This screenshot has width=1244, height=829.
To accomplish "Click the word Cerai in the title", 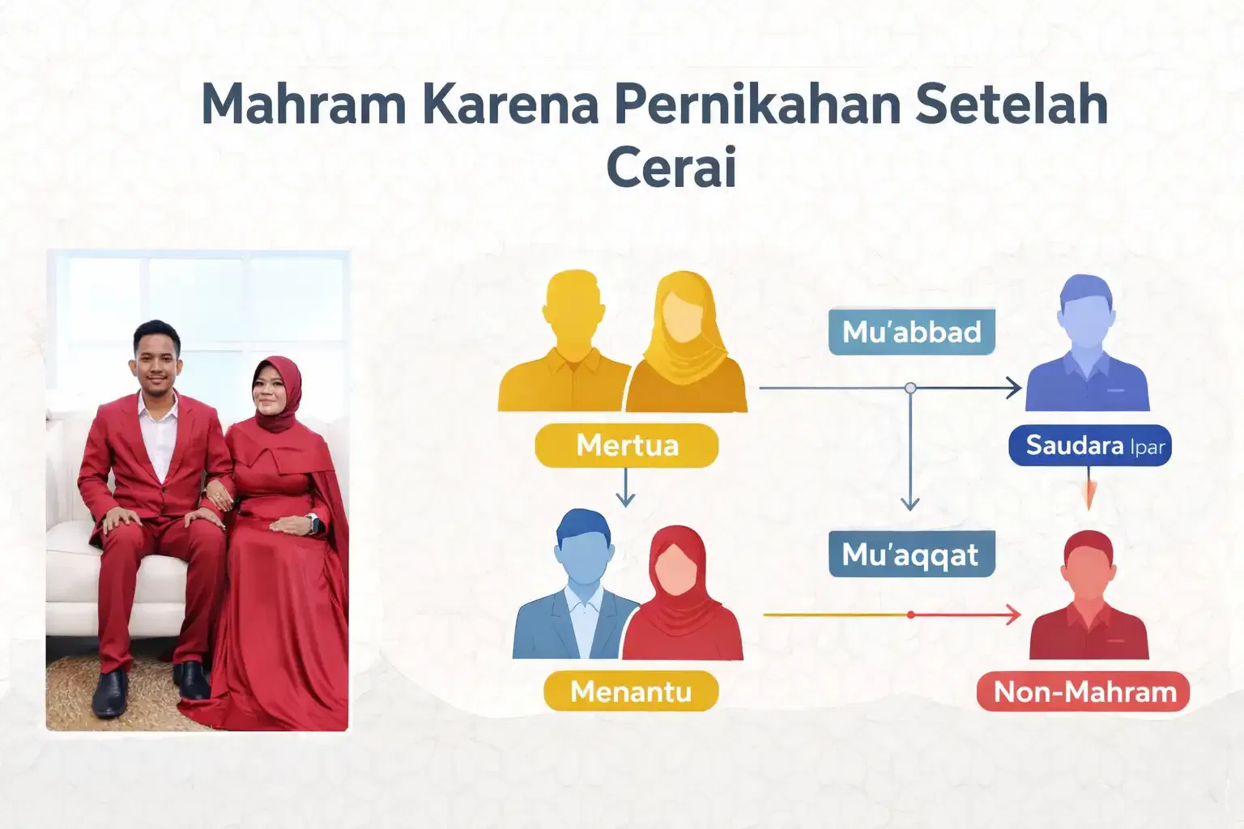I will click(x=671, y=168).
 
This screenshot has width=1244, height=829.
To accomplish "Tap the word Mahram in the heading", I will click(x=303, y=104).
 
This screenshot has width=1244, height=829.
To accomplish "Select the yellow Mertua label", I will click(x=626, y=445).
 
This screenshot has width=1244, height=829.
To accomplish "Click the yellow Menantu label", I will click(x=630, y=691).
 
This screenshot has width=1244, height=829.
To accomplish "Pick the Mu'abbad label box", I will click(x=911, y=332).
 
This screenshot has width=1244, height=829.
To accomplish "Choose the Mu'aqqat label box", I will click(x=911, y=555).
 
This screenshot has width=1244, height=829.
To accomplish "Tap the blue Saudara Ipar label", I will click(x=1090, y=445).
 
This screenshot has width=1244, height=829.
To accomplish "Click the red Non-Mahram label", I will click(x=1084, y=692).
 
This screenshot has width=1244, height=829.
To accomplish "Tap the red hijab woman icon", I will click(x=682, y=595).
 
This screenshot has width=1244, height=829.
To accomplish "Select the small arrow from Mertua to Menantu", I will click(x=624, y=489).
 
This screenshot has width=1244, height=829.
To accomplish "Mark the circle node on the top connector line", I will click(x=910, y=388).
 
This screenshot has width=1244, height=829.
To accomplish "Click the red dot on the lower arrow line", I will click(x=911, y=615).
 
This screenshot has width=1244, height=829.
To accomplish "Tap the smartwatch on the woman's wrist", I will click(x=313, y=524).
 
